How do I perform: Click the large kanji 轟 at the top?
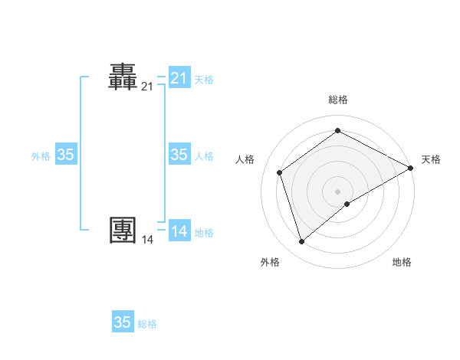[x=123, y=78]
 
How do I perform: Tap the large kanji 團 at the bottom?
[x=123, y=231]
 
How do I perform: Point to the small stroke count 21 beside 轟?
[x=147, y=87]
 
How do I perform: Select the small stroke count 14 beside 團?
[x=147, y=240]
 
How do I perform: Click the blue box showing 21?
[x=179, y=78]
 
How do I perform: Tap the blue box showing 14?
[x=179, y=231]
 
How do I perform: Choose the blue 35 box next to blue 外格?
[x=66, y=155]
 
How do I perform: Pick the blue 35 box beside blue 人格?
[x=179, y=155]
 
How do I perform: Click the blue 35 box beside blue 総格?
[x=123, y=322]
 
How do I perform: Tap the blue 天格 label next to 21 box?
[x=204, y=79]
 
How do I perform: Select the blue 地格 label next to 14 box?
[x=204, y=232]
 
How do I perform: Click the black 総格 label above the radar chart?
[x=338, y=100]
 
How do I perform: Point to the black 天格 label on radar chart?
[x=431, y=159]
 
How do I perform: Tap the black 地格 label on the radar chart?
[x=402, y=262]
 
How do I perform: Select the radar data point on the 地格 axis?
[x=347, y=204]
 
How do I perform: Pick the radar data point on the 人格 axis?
[x=280, y=172]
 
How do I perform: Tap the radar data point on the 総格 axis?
[x=338, y=131]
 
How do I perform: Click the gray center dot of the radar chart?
[x=338, y=191]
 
